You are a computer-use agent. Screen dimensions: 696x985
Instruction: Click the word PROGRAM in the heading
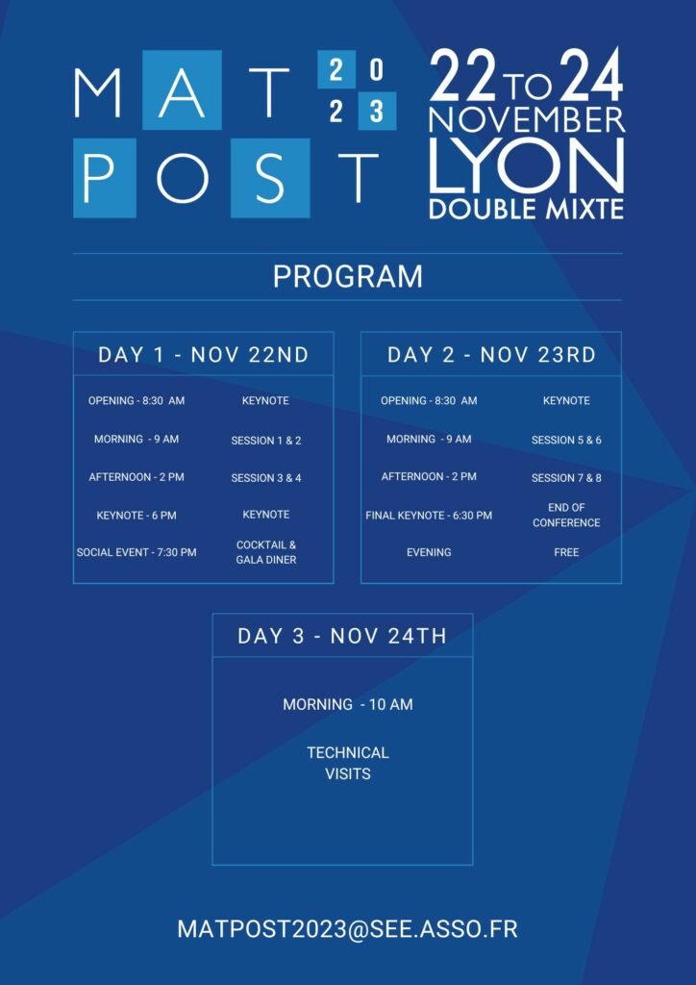(x=348, y=277)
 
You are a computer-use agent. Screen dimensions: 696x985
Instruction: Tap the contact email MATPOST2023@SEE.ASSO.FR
(x=348, y=929)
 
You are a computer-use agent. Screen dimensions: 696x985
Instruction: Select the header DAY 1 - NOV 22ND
(x=204, y=355)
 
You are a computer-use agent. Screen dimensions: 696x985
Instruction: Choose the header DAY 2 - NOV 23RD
(x=491, y=355)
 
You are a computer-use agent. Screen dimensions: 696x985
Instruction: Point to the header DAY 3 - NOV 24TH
(x=342, y=636)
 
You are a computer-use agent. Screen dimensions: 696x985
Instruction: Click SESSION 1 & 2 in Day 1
(x=266, y=441)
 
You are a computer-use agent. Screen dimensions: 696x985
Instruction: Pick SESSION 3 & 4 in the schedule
(x=266, y=478)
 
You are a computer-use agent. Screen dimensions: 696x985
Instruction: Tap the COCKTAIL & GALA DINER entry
(x=266, y=552)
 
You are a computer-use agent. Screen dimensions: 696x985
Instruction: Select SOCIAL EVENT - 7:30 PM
(x=137, y=552)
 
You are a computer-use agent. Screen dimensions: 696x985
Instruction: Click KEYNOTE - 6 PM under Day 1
(x=137, y=516)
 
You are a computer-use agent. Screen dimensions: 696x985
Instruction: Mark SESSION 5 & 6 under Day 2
(x=566, y=441)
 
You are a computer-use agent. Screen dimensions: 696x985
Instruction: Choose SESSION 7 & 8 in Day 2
(x=566, y=478)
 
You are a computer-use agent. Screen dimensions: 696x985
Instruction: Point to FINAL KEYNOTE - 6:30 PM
(x=429, y=516)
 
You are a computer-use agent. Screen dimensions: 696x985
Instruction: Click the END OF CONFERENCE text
(x=566, y=516)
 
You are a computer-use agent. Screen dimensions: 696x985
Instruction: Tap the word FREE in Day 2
(x=566, y=552)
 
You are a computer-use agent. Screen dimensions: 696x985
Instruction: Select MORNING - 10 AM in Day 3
(x=348, y=704)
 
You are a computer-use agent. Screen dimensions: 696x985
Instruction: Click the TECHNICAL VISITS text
(x=348, y=763)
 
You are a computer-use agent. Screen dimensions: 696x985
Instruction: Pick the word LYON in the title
(x=527, y=165)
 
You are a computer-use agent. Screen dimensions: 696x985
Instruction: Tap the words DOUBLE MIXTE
(x=527, y=209)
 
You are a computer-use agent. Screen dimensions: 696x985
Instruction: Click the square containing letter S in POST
(x=270, y=178)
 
